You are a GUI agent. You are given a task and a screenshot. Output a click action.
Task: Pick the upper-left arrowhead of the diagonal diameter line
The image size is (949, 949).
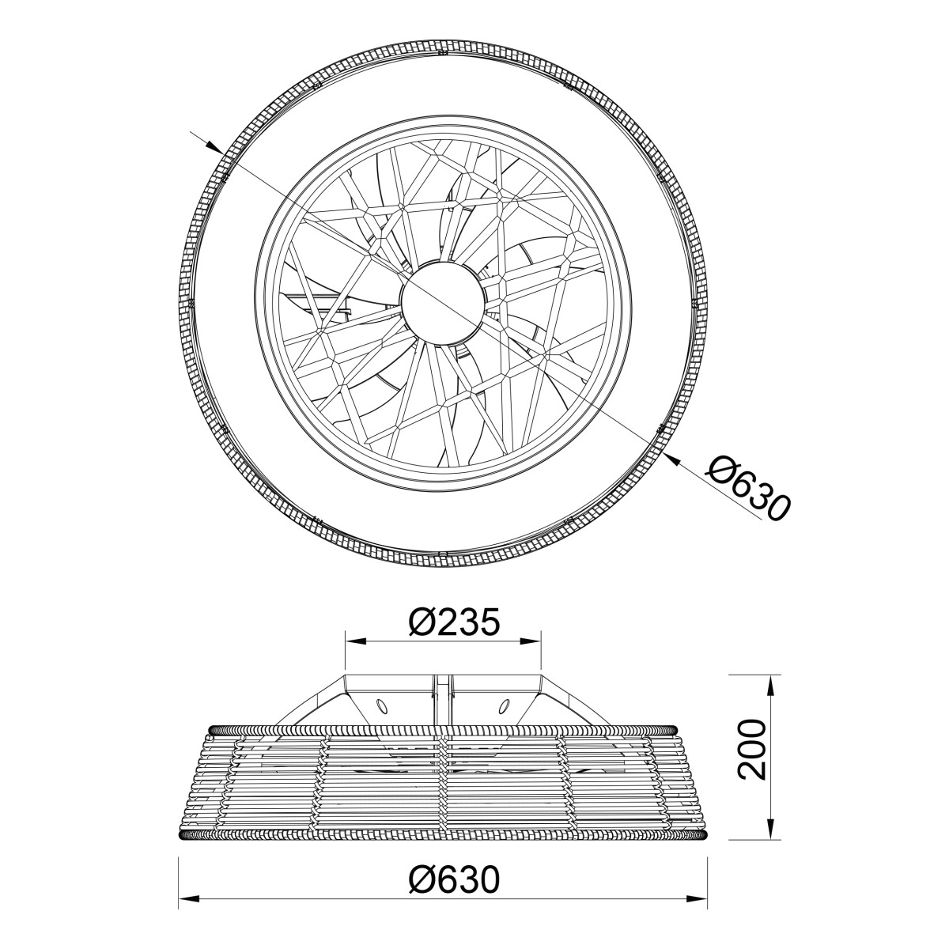pos(213,146)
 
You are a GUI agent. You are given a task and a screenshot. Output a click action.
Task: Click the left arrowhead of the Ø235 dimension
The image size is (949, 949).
pos(355,641)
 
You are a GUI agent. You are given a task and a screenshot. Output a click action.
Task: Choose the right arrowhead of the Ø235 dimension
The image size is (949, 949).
pos(531,641)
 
